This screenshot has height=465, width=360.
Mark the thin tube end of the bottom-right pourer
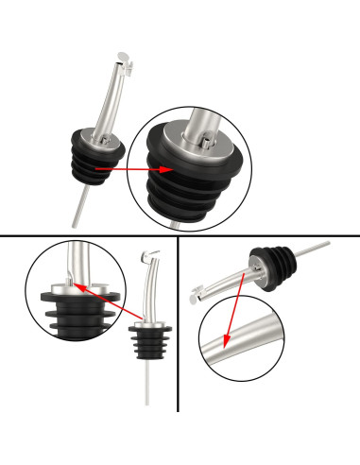tap(326, 244)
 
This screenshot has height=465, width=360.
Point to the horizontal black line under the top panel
tap(180, 234)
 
